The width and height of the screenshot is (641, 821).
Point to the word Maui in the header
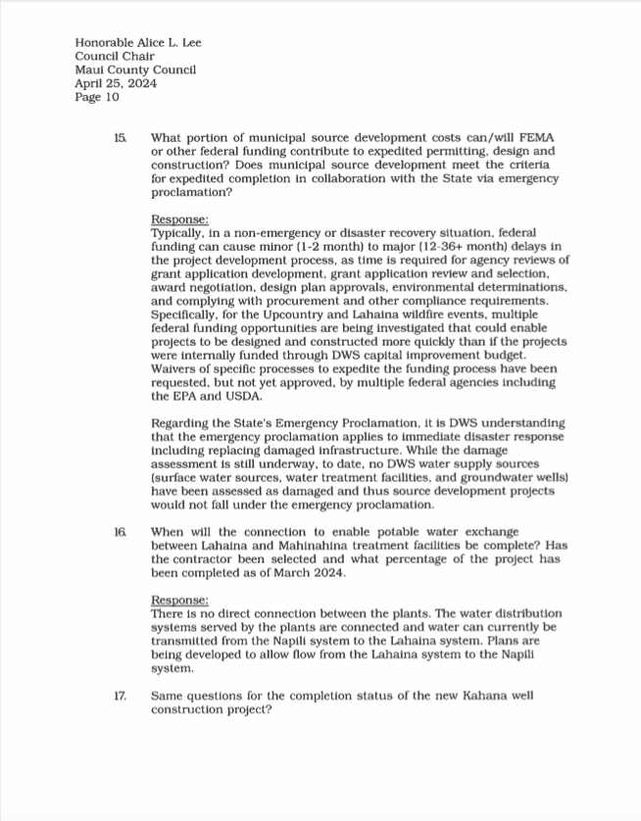tap(91, 70)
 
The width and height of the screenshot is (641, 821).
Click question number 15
tap(120, 139)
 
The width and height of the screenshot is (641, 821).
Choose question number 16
tap(120, 531)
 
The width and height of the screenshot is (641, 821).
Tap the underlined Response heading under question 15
tap(179, 220)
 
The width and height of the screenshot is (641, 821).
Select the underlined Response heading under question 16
tap(179, 599)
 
